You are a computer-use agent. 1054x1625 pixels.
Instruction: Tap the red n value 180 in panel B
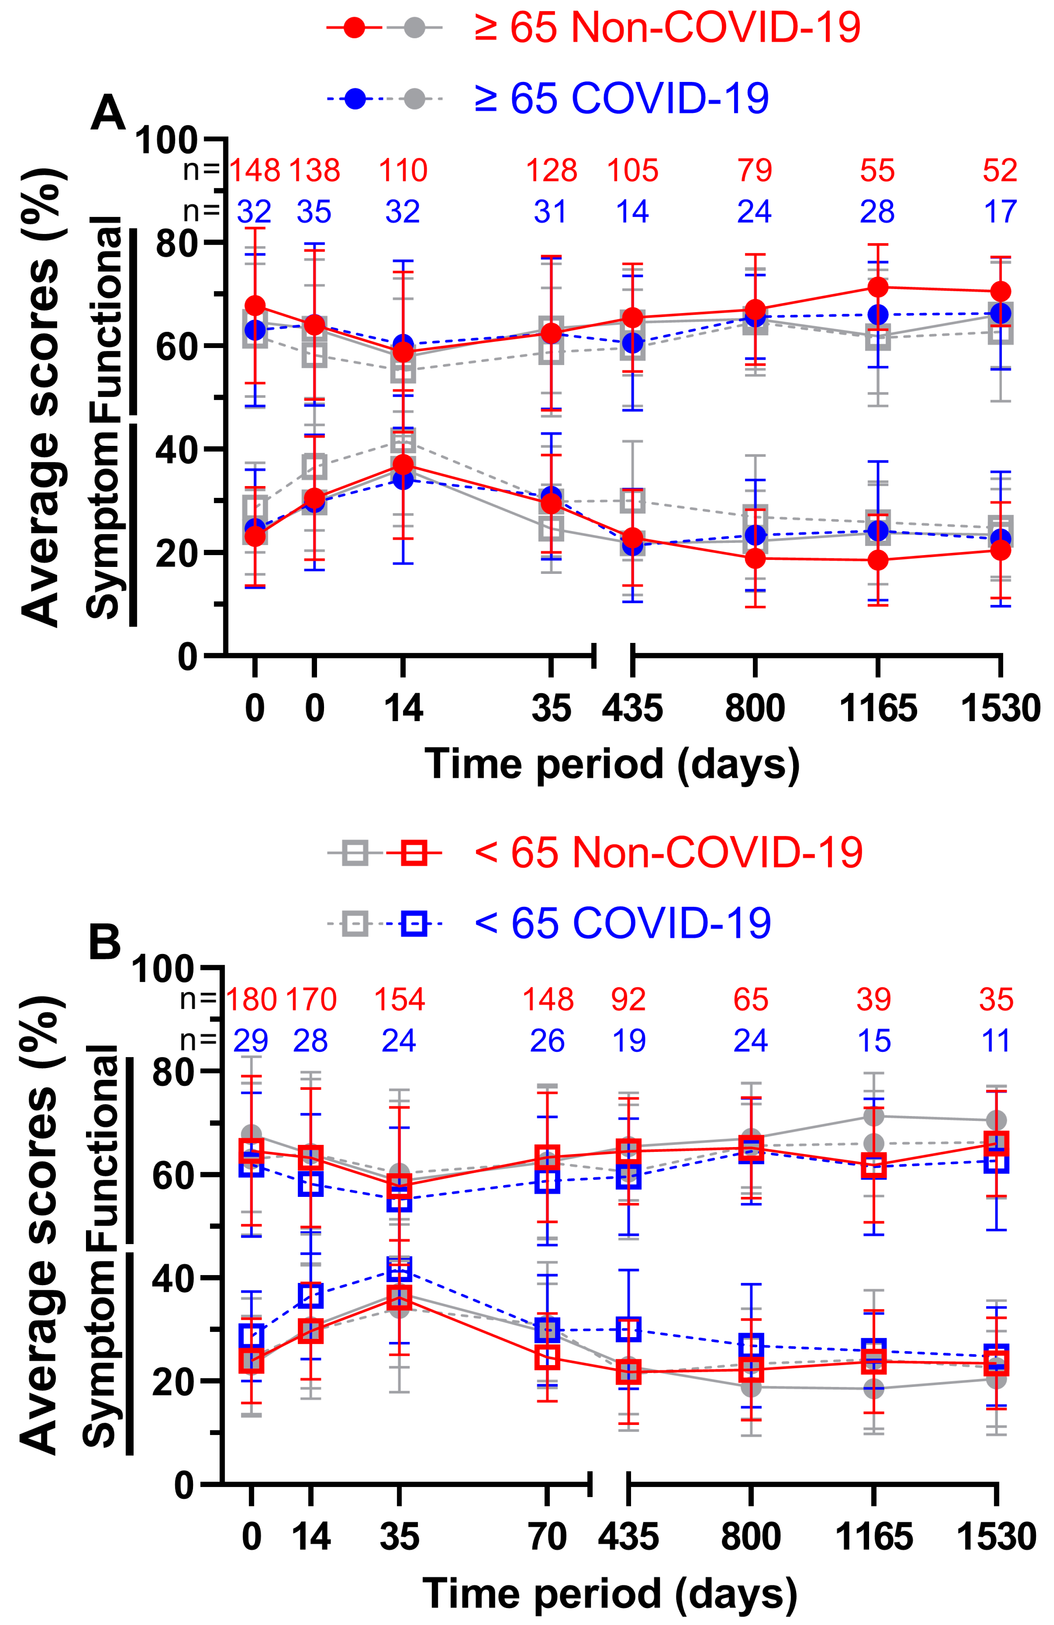pos(251,999)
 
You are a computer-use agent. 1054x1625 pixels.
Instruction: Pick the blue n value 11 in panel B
pos(996,1040)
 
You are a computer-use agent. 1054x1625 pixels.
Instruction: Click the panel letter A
pos(108,113)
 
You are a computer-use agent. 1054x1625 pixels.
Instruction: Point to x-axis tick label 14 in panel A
pos(403,708)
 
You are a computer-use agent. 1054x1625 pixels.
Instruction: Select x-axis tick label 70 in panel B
pos(547,1538)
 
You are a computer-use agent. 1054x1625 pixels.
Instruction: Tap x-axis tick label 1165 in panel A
pos(878,708)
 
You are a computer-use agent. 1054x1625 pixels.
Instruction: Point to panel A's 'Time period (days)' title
pos(612,763)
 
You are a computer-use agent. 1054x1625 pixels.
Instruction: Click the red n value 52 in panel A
pos(1000,170)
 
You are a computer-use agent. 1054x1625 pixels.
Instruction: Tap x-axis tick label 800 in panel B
pos(751,1538)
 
